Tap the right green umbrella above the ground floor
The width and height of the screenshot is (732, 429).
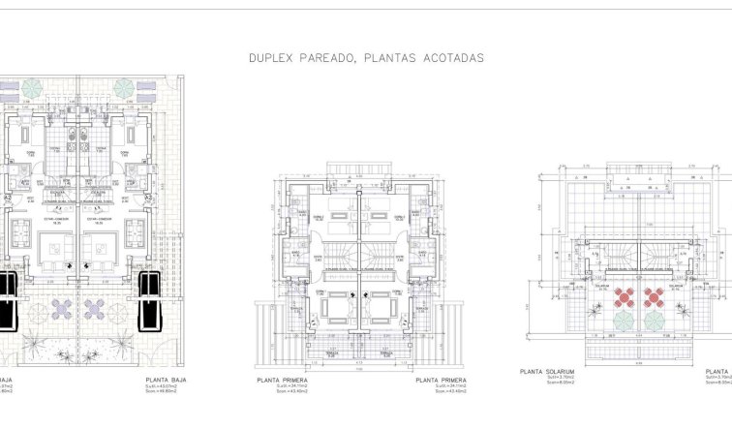(125, 88)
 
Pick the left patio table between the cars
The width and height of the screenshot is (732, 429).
(61, 309)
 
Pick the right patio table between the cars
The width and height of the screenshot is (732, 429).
(96, 309)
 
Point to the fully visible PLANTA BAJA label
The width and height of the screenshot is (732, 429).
(164, 381)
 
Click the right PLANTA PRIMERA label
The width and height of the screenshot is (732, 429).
(442, 381)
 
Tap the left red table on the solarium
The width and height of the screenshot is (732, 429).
(622, 294)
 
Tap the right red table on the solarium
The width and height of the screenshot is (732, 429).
(655, 294)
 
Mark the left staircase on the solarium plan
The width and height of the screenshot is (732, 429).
(620, 255)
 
